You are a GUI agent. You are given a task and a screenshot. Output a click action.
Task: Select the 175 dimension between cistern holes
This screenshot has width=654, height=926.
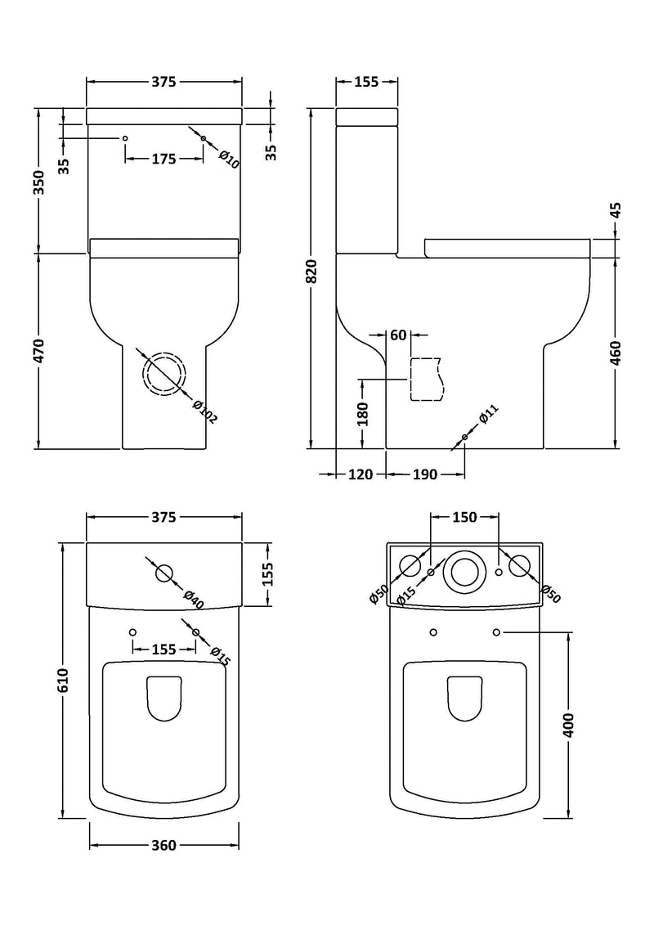(x=163, y=159)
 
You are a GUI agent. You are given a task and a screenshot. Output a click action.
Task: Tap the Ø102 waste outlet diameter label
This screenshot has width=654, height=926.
(x=205, y=411)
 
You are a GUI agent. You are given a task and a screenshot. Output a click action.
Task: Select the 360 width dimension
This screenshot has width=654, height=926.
(x=163, y=845)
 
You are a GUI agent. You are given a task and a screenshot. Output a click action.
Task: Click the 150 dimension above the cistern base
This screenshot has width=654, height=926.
(x=464, y=517)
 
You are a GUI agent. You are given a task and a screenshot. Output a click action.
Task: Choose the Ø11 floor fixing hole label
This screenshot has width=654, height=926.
(x=489, y=416)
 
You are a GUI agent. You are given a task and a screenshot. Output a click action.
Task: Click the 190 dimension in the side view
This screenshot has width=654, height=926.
(x=424, y=474)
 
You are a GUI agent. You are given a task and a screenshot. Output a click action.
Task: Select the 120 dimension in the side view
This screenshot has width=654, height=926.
(x=361, y=474)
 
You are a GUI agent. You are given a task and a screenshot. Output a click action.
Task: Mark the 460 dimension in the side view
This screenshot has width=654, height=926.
(x=615, y=352)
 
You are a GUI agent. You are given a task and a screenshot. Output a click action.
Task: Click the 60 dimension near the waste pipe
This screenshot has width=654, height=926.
(x=398, y=335)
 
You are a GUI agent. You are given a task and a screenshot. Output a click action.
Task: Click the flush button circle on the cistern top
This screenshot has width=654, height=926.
(x=164, y=573)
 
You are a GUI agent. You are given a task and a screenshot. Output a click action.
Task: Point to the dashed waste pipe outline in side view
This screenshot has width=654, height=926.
(x=425, y=380)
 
